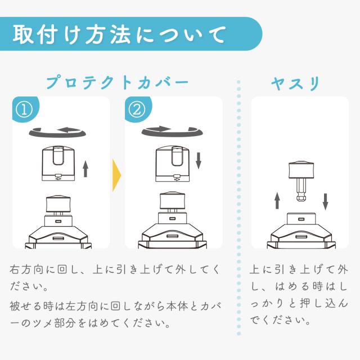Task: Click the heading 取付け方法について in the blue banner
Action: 119,34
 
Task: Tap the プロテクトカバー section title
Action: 118,83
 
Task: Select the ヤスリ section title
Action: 295,83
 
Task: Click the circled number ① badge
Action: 24,110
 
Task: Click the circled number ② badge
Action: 137,110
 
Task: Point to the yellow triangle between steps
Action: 116,175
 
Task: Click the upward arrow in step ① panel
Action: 85,169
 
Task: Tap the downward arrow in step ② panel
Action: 199,161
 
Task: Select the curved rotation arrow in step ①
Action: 57,134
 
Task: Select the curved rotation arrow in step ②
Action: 172,134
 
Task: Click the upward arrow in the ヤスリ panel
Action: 277,201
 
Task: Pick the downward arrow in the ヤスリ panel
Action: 325,202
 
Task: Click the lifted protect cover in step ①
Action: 58,164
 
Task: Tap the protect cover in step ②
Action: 173,164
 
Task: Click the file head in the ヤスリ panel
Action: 301,170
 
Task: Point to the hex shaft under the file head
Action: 301,190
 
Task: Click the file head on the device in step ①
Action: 58,204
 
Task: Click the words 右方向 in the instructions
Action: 26,269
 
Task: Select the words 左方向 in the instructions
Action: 83,306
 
